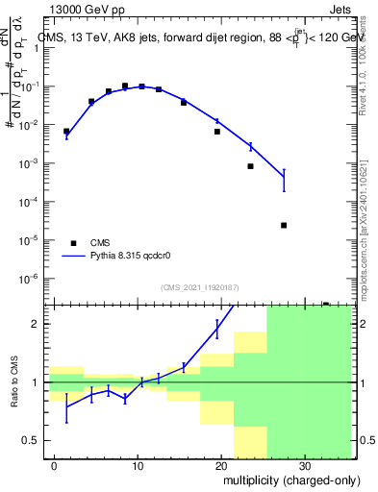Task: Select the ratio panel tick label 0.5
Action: click(34, 440)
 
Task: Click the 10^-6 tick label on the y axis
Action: click(31, 279)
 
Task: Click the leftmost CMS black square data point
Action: click(66, 131)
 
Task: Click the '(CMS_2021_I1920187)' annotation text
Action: click(199, 287)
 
